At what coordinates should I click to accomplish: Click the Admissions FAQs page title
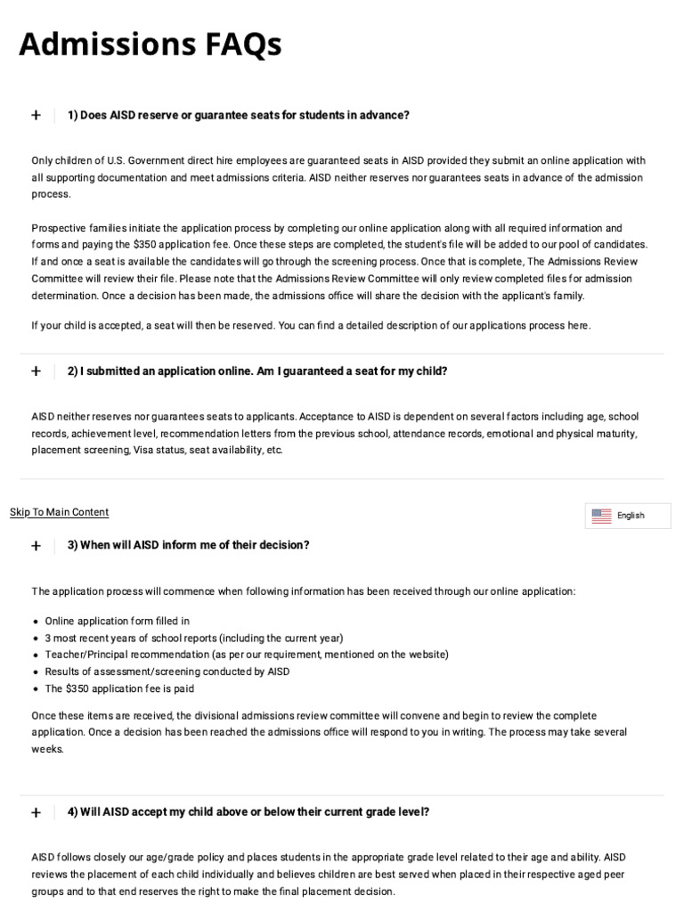150,44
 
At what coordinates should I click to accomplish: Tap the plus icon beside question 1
36,115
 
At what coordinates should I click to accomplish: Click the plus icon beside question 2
36,371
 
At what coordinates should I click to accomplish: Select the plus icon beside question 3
36,545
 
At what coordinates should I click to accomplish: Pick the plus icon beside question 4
36,812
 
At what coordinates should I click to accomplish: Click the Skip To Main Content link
59,512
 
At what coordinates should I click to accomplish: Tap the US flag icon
601,516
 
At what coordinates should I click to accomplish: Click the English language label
631,516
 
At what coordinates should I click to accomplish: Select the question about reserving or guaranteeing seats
239,115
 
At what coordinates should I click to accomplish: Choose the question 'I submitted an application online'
257,371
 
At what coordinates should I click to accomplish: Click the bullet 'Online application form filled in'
118,621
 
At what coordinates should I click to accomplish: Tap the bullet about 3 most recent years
194,638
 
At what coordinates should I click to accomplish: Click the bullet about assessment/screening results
167,672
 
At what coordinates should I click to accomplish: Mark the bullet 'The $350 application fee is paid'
119,688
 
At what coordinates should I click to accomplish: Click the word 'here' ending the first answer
578,326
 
